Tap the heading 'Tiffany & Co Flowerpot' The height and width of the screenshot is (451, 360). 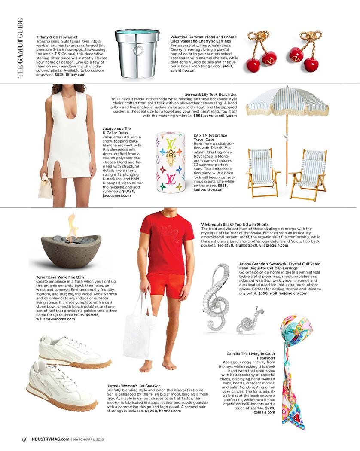(x=54, y=37)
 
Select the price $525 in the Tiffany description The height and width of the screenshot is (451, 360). (x=60, y=74)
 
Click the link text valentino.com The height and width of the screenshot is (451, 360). (x=183, y=70)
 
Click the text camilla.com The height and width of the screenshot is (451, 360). (x=264, y=412)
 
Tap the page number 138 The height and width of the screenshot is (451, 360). (x=25, y=439)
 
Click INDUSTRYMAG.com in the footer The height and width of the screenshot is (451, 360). (x=49, y=439)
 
